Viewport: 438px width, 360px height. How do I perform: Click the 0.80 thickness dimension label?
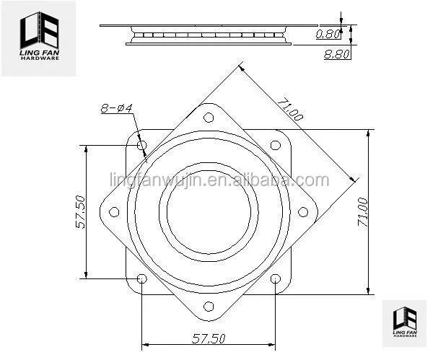[328, 34]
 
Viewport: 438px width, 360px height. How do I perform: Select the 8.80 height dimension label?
[336, 53]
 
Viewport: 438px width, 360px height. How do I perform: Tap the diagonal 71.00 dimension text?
[290, 109]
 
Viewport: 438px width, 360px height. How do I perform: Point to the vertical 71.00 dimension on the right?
[363, 211]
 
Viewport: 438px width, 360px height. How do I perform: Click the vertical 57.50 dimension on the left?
[80, 212]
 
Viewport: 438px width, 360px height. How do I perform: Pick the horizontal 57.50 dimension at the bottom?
[209, 338]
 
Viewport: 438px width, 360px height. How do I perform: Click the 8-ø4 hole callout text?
[116, 108]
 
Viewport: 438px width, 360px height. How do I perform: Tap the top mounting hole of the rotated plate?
[209, 118]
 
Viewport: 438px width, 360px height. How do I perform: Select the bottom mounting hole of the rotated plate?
[209, 307]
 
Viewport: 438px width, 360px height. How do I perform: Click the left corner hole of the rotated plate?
[114, 212]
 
